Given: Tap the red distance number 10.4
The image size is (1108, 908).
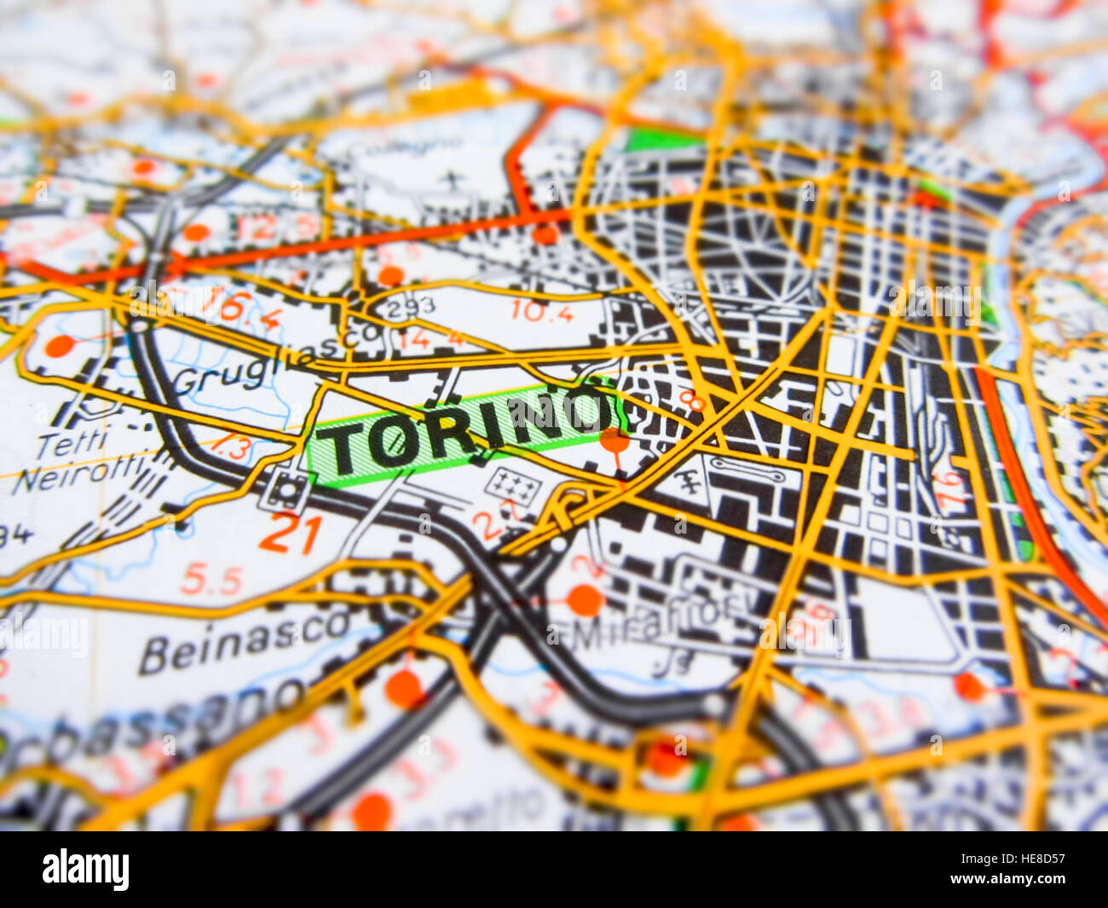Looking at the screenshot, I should click(x=542, y=312).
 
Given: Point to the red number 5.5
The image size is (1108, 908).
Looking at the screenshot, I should click(x=211, y=581).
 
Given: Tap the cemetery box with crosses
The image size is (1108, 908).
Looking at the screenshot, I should click(x=513, y=486).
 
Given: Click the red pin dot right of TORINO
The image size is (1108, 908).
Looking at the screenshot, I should click(x=615, y=441).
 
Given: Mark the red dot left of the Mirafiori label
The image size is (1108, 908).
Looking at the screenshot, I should click(x=585, y=599).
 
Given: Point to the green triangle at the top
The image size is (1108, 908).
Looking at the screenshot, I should click(x=661, y=139).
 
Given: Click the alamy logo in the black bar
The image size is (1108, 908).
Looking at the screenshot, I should click(x=86, y=869).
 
